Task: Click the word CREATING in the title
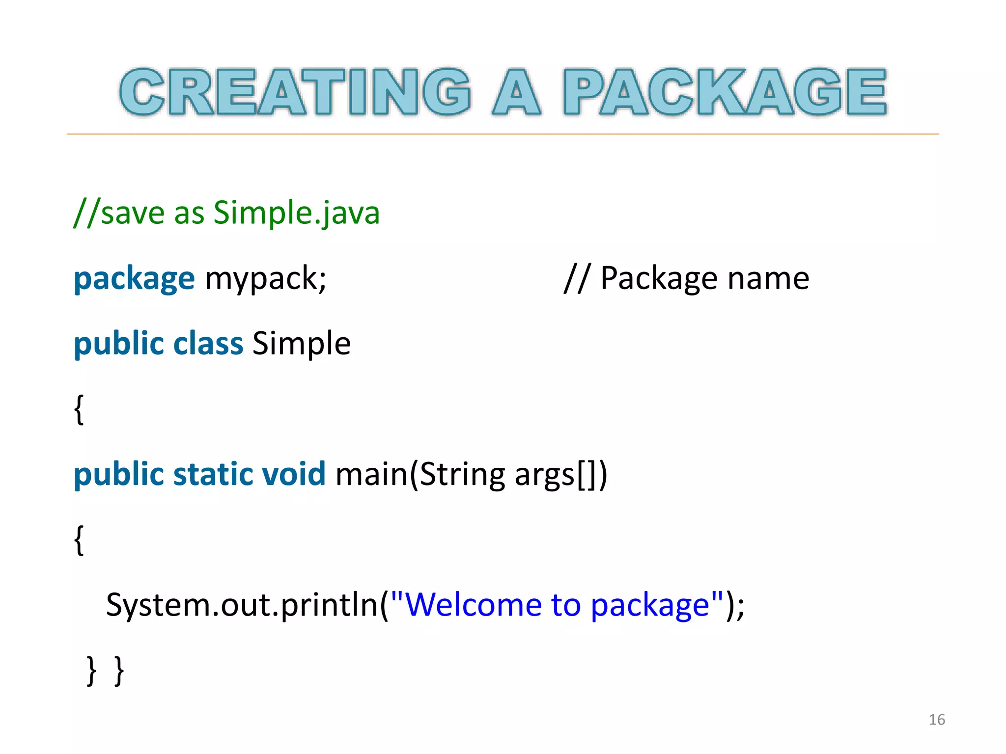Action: coord(295,92)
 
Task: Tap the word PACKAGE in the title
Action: coord(725,92)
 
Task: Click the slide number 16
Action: coord(937,720)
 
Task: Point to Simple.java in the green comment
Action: coord(297,213)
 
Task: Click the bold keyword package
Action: coord(134,279)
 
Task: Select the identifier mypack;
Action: coord(265,279)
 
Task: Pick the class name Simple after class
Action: coord(302,343)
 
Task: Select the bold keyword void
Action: coord(294,474)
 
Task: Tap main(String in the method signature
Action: coord(420,474)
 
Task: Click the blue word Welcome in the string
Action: coord(473,605)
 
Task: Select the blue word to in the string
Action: coord(565,605)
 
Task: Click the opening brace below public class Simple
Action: coord(79,409)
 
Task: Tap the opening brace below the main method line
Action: coord(79,539)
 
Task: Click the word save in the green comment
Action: coord(133,213)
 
